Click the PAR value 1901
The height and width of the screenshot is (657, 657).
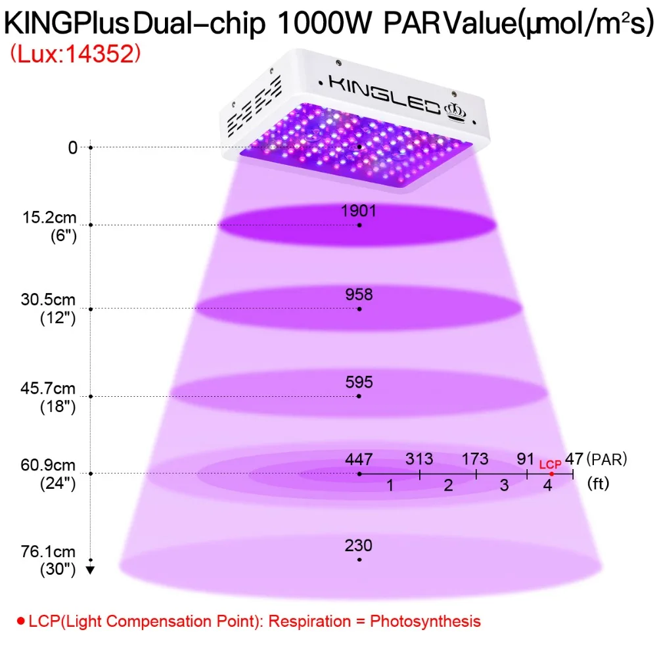coord(358,210)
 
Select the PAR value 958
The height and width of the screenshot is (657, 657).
coord(359,294)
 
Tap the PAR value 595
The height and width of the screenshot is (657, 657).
coord(359,382)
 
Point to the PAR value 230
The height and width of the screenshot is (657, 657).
coord(358,545)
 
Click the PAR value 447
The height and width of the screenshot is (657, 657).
coord(359,459)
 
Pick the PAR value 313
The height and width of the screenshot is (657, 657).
coord(419,459)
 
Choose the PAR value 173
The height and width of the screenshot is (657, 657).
coord(475,459)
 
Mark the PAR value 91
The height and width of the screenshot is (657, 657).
coord(526,459)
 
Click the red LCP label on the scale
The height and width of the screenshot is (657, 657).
coord(550,464)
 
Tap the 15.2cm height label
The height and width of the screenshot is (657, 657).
coord(49,217)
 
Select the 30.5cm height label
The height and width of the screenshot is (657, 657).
coord(48,300)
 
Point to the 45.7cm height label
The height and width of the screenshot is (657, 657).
coord(48,388)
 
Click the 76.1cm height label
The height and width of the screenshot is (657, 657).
coord(48,551)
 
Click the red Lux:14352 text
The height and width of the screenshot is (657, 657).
coord(76,54)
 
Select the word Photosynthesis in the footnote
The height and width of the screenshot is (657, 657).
coord(425,621)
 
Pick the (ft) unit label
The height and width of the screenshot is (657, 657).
coord(598,484)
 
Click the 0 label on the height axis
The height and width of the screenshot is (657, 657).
coord(73,147)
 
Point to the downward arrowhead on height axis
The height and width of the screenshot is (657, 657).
coord(90,570)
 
